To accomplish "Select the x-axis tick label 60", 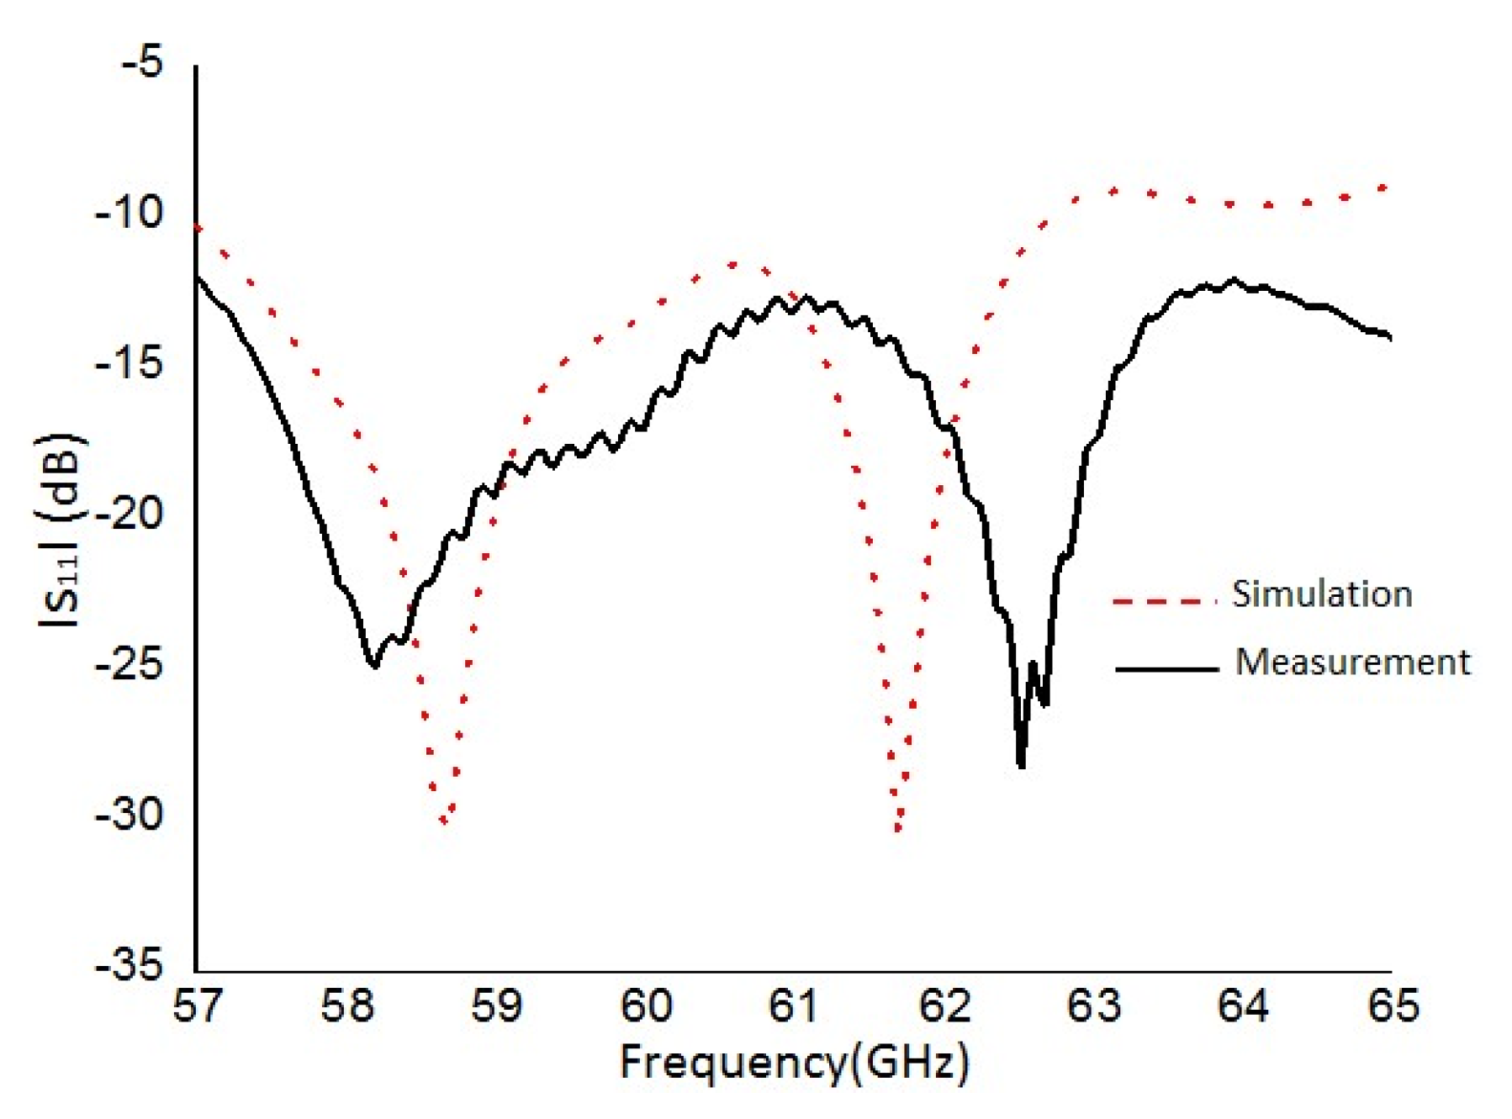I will pyautogui.click(x=646, y=1006).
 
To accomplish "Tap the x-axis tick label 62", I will pyautogui.click(x=945, y=1006).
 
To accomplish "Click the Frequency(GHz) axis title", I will pyautogui.click(x=794, y=1064).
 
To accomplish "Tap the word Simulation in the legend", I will pyautogui.click(x=1321, y=594).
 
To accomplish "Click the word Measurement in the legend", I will pyautogui.click(x=1352, y=662).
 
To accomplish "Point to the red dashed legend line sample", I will pyautogui.click(x=1165, y=601).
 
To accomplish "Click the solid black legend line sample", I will pyautogui.click(x=1166, y=669).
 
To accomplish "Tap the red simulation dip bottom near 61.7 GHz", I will pyautogui.click(x=898, y=829).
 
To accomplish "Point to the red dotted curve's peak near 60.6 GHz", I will pyautogui.click(x=733, y=265).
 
